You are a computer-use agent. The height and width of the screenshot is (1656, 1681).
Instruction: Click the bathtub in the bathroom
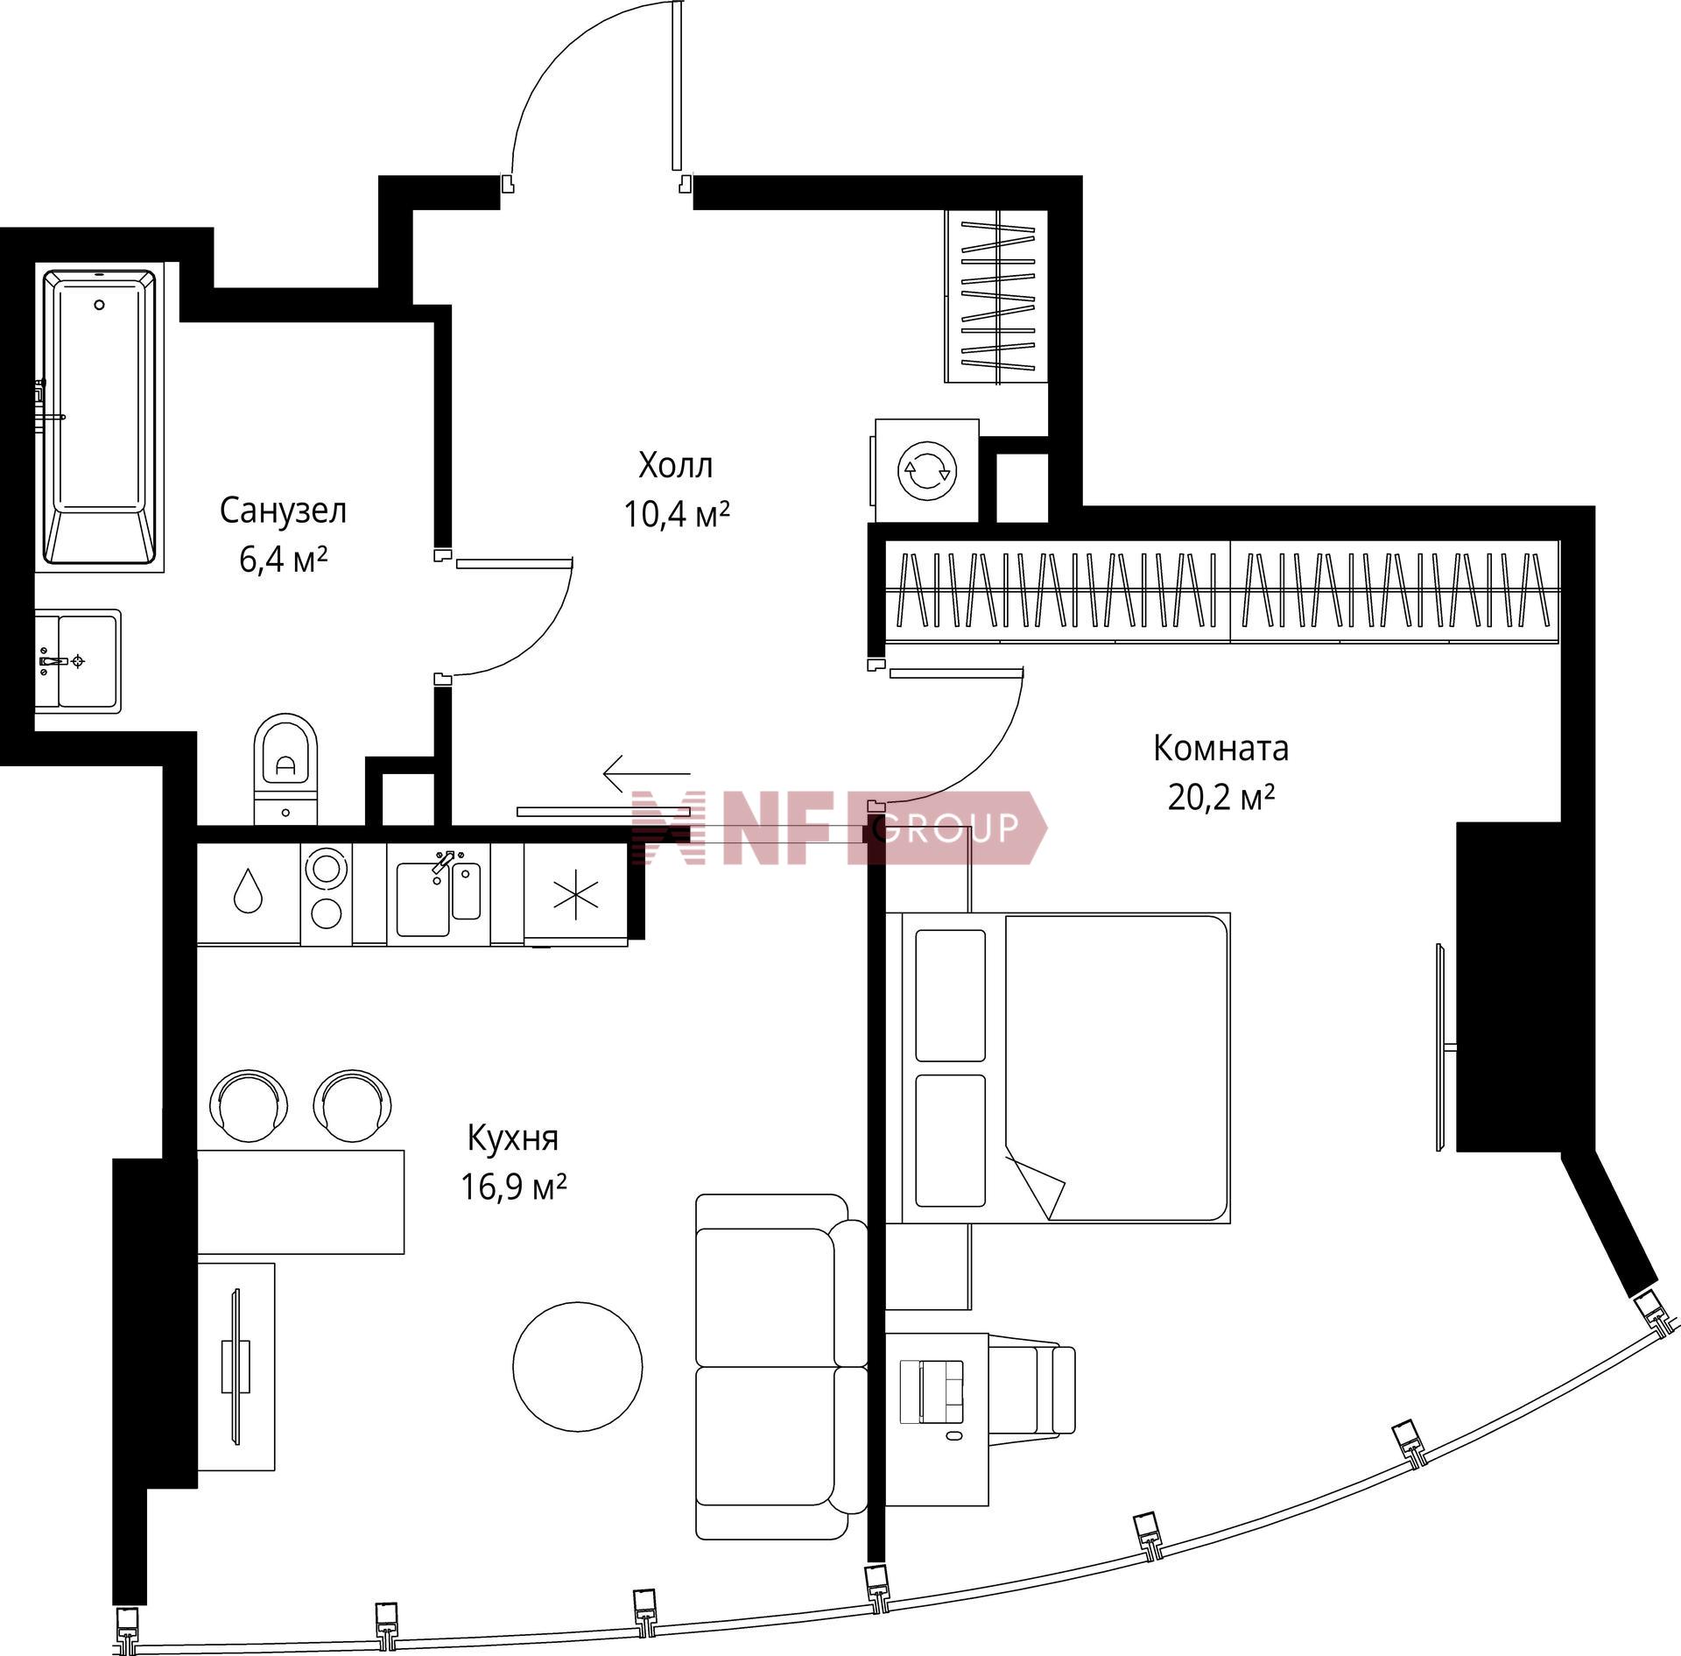pos(100,418)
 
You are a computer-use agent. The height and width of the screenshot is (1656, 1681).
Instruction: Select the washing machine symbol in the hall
pos(926,470)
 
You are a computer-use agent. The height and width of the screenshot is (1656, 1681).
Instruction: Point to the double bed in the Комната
pos(1059,1068)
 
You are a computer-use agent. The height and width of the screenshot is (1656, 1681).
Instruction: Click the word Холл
pos(676,466)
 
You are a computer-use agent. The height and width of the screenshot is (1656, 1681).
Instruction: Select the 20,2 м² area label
pos(1220,797)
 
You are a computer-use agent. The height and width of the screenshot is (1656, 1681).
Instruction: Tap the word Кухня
pos(513,1138)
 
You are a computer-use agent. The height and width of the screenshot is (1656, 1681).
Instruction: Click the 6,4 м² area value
pos(284,559)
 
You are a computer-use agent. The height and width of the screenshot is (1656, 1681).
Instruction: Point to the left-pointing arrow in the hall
pos(646,772)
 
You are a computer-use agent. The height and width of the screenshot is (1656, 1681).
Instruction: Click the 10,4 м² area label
pos(677,514)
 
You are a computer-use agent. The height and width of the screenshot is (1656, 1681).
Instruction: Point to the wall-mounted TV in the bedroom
pos(1440,1047)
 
